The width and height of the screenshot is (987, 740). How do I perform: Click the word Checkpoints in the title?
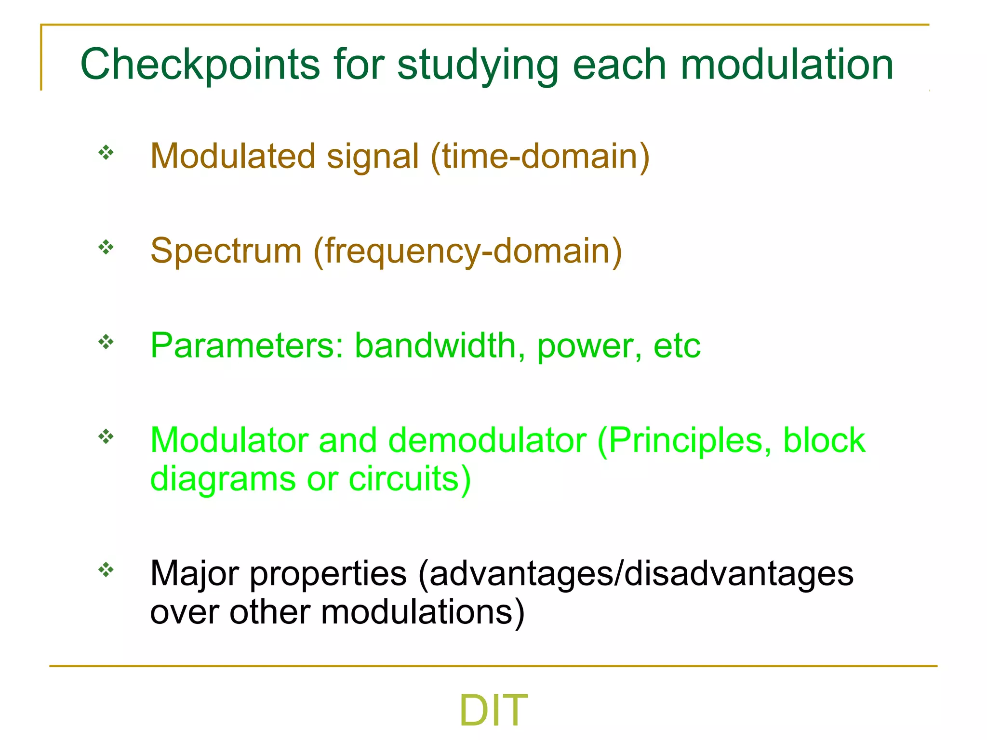point(200,65)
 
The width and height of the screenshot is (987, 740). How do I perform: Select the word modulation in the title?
point(787,65)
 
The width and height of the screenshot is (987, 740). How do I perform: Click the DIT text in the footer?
point(493,710)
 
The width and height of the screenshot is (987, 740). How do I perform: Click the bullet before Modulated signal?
point(106,153)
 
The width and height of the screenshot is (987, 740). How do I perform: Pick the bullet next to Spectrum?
point(106,248)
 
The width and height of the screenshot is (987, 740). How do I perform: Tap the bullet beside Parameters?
point(106,343)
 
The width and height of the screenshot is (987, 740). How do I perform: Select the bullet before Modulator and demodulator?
point(106,437)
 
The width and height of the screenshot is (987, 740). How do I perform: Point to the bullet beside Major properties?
point(106,570)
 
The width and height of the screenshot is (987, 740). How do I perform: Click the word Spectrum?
point(226,251)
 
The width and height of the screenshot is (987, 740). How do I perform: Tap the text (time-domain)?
point(540,157)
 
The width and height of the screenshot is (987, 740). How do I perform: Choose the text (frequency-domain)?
point(467,251)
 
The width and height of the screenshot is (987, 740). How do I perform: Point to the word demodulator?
point(487,440)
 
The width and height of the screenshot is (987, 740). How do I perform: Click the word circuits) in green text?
point(410,479)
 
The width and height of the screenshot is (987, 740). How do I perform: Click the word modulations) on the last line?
point(423,612)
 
